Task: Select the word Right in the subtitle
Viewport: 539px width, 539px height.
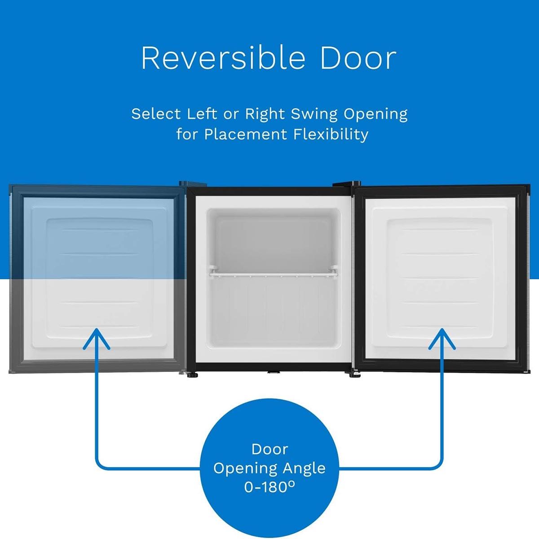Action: [265, 115]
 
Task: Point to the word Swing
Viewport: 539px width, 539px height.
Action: [314, 115]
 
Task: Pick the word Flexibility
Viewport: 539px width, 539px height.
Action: [332, 134]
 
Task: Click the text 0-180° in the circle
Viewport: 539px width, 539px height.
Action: [269, 487]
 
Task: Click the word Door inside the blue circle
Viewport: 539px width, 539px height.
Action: [269, 449]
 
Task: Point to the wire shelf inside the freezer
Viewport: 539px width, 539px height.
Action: [272, 272]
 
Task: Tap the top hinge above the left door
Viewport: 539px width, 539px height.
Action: [186, 183]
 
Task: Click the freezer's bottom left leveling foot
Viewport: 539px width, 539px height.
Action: [194, 374]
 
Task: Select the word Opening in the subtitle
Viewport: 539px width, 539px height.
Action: [376, 115]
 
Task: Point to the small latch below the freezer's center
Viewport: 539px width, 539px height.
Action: [272, 373]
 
